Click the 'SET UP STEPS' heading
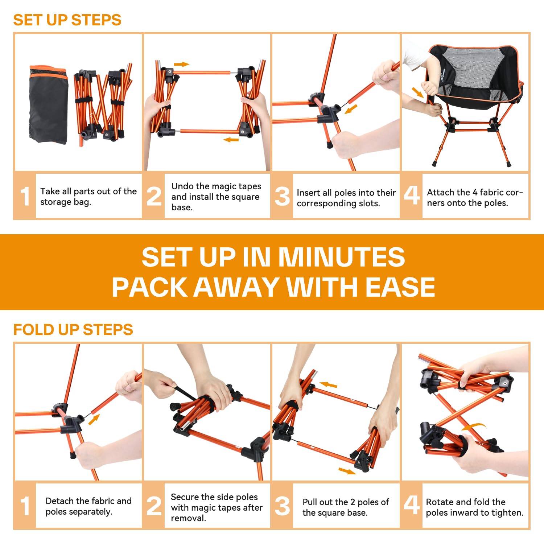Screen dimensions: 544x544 tap(67, 20)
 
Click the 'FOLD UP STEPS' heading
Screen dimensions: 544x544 tap(73, 330)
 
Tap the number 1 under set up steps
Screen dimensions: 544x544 tap(25, 197)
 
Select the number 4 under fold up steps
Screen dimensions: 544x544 tap(411, 505)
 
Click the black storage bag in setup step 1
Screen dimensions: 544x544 tap(48, 104)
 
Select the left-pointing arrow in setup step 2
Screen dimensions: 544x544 tap(231, 140)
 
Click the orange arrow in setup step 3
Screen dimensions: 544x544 tap(351, 109)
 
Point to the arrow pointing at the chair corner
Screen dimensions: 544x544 tap(418, 92)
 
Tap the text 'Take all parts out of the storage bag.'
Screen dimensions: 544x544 tap(88, 197)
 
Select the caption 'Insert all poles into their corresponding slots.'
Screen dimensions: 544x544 tap(346, 198)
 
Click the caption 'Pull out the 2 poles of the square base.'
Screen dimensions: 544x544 tap(346, 507)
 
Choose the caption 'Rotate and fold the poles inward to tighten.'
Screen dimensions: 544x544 tap(474, 507)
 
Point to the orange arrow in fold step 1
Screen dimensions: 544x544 tap(94, 420)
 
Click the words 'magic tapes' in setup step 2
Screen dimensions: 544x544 tap(238, 186)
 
